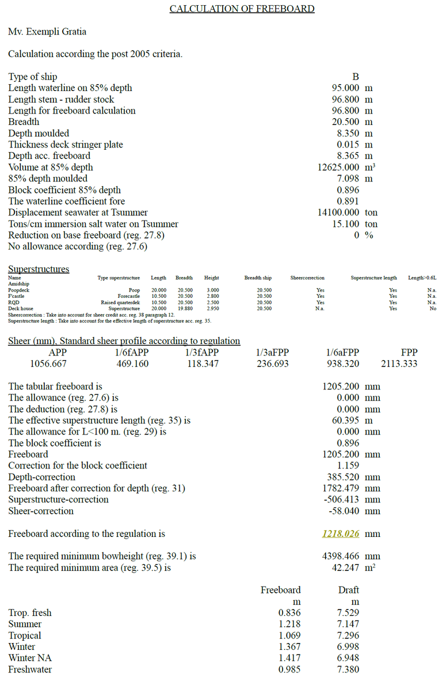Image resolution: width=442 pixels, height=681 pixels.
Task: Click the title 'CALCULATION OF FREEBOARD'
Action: [x=242, y=9]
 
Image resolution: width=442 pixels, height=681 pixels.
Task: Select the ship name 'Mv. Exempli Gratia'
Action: [x=47, y=32]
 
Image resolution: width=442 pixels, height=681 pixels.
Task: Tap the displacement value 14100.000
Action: [x=340, y=213]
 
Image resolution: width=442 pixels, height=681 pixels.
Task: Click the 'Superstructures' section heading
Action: [x=39, y=269]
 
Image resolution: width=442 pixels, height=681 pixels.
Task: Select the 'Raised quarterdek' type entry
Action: [x=120, y=302]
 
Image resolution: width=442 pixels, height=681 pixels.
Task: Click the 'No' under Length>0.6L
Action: [x=433, y=309]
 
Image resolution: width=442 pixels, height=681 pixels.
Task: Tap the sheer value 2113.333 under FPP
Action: [x=399, y=364]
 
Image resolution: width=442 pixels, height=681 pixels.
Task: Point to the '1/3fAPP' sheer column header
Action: [x=201, y=352]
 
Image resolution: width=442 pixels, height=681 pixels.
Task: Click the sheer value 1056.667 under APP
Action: [x=48, y=364]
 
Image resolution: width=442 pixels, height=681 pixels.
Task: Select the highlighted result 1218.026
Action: [x=341, y=534]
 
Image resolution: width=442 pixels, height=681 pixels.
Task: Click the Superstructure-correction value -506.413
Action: [x=344, y=500]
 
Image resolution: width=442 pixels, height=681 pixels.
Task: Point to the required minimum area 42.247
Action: [x=346, y=567]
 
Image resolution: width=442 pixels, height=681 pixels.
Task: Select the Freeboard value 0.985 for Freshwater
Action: [x=289, y=669]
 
